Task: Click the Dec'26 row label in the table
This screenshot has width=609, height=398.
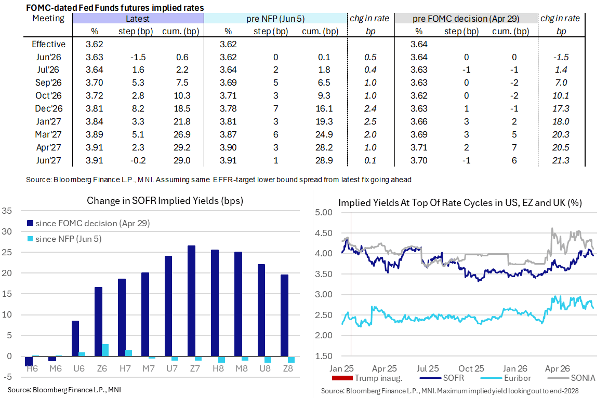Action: pos(48,108)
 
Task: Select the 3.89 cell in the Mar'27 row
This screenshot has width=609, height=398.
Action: pos(95,134)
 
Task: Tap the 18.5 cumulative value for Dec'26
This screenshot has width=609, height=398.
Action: pos(182,108)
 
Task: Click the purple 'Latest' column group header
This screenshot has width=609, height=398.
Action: pos(138,19)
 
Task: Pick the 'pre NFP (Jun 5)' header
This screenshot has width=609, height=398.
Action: pos(275,19)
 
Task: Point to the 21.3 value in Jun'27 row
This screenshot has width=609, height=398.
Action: pos(561,160)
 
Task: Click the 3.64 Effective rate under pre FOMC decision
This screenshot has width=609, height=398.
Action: pos(419,44)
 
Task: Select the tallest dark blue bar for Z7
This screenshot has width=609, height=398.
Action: pos(191,300)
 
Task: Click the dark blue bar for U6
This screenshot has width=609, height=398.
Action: pos(75,338)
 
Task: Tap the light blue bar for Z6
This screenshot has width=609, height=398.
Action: pos(105,350)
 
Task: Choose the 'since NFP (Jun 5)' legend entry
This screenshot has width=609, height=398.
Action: pos(64,239)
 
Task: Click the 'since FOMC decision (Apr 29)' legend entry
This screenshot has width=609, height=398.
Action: pos(88,224)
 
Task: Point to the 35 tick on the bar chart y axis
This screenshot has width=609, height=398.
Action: pos(7,211)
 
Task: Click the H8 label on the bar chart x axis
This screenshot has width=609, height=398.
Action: pos(218,368)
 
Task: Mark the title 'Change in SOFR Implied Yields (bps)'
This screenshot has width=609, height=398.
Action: pos(165,200)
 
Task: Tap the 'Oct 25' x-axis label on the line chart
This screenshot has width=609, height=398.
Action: pos(471,368)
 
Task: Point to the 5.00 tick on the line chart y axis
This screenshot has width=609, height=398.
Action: pos(324,213)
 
